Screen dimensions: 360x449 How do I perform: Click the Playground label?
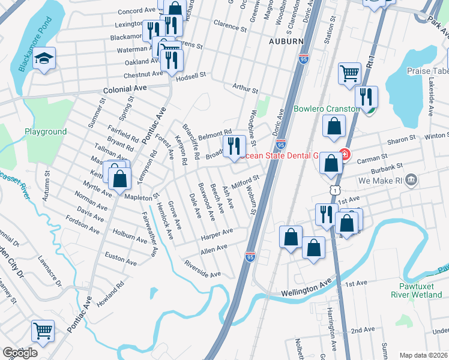[46, 131]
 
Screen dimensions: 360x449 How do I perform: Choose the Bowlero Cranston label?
[326, 109]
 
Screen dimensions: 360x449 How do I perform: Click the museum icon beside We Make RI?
[411, 179]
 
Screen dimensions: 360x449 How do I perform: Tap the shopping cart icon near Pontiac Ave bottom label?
[43, 331]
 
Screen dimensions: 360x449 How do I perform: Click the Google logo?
[20, 353]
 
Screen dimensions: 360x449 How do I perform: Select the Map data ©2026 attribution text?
[423, 355]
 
